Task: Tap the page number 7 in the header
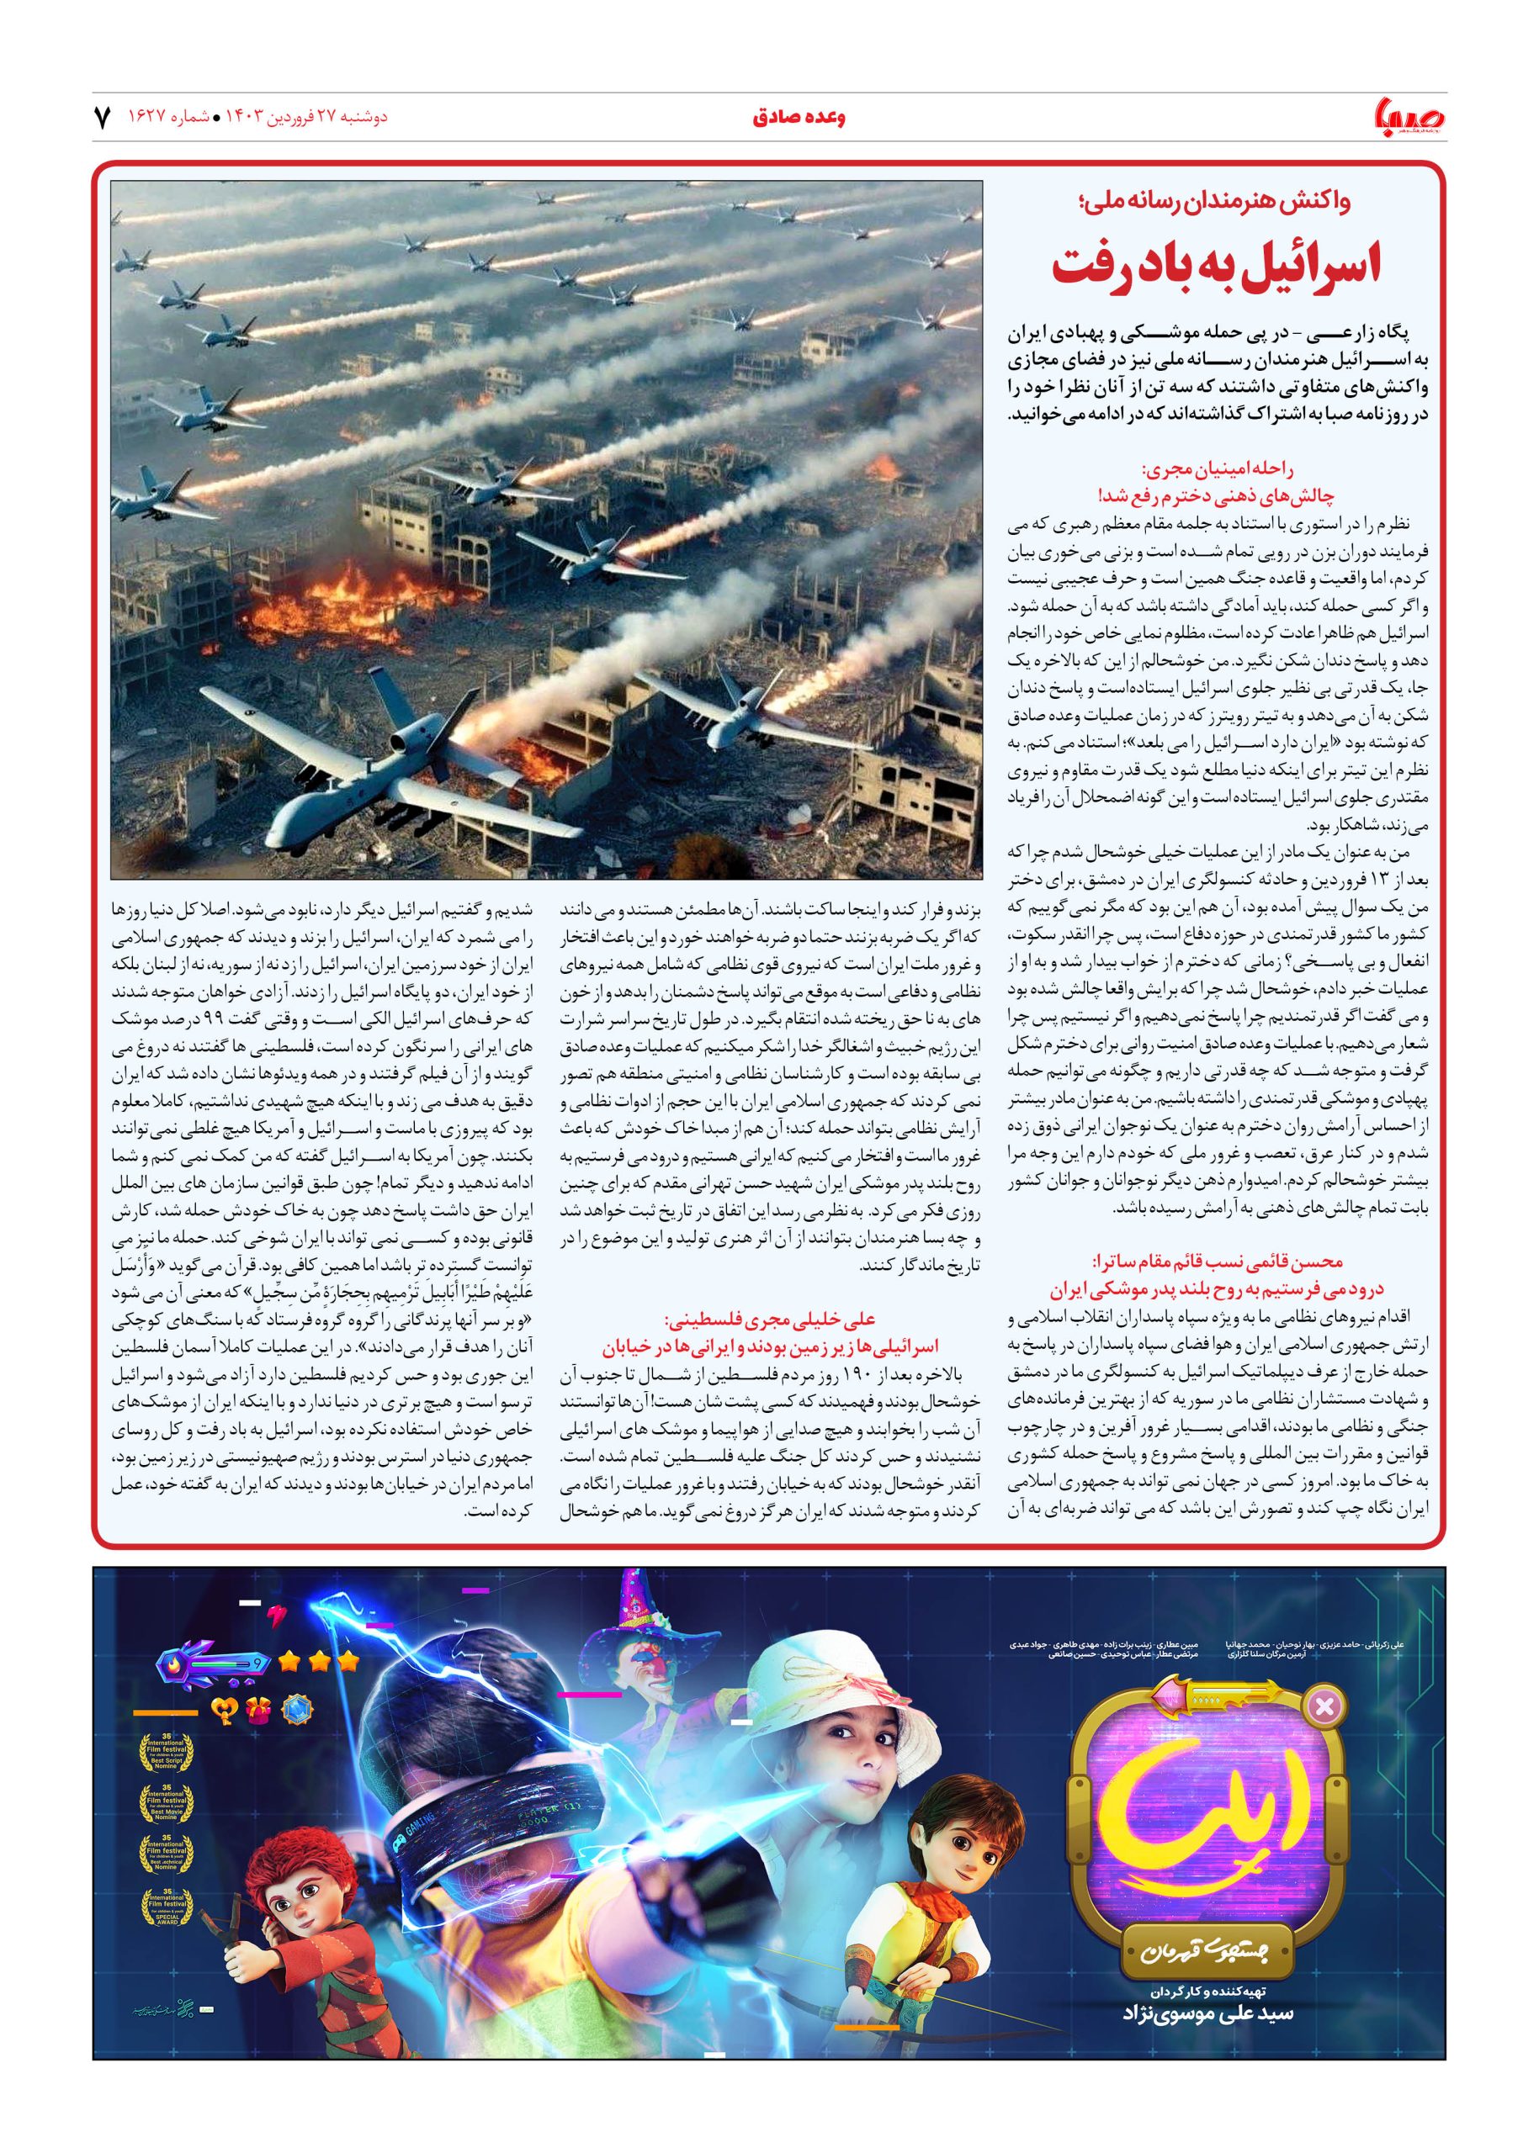click(x=102, y=119)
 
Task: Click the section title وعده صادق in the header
click(x=798, y=119)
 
